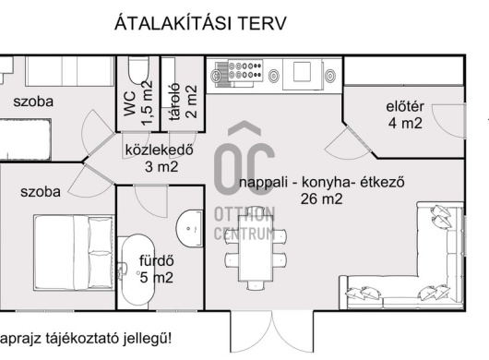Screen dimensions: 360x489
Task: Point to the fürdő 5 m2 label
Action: coord(156,268)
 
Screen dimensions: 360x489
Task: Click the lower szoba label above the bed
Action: coord(41,192)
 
